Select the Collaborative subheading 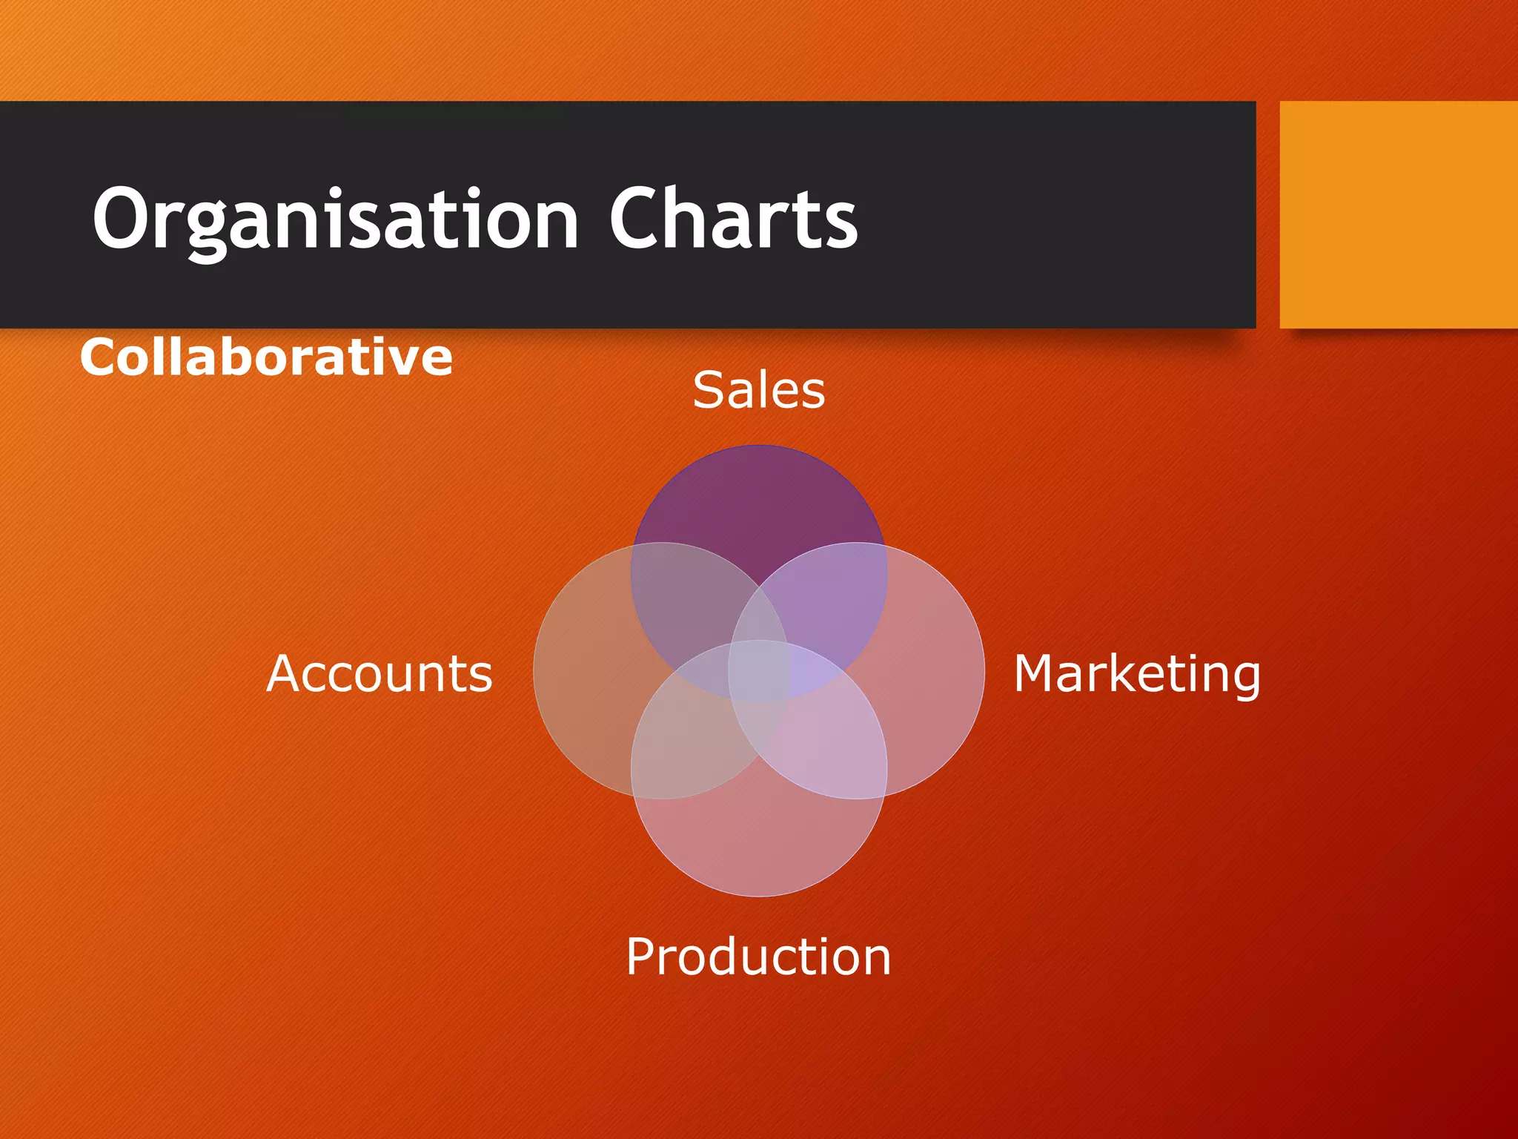click(x=266, y=357)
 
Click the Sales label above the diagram click(x=758, y=390)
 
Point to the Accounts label click(x=379, y=673)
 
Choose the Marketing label click(x=1136, y=673)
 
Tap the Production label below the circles click(x=758, y=956)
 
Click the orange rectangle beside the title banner click(x=1399, y=215)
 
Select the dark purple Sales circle click(x=758, y=504)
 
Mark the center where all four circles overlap click(x=759, y=671)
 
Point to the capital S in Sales click(x=709, y=390)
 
